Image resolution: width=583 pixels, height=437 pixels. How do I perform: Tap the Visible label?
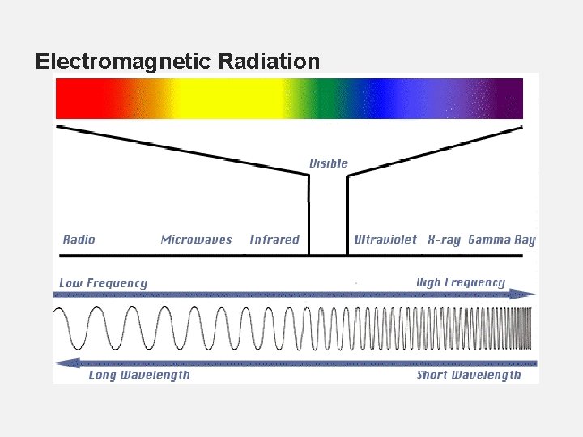click(328, 163)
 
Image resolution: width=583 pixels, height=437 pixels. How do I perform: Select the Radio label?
click(79, 240)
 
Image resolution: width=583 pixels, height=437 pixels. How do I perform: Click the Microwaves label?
click(196, 240)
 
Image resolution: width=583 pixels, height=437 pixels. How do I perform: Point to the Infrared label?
click(274, 240)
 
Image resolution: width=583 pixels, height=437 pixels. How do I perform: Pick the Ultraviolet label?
click(385, 240)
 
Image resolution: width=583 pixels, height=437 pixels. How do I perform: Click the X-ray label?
click(444, 240)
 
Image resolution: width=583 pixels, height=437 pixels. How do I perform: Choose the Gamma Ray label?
click(502, 240)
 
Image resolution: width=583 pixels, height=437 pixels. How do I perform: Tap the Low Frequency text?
click(103, 283)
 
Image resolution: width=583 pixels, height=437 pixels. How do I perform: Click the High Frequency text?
click(460, 282)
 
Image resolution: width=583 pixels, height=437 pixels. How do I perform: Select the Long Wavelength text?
click(139, 375)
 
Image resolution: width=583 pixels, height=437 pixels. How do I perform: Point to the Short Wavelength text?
click(469, 375)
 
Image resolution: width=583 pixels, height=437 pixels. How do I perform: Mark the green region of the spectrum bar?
click(324, 99)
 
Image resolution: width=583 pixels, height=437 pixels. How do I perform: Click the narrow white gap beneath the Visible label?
click(328, 218)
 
